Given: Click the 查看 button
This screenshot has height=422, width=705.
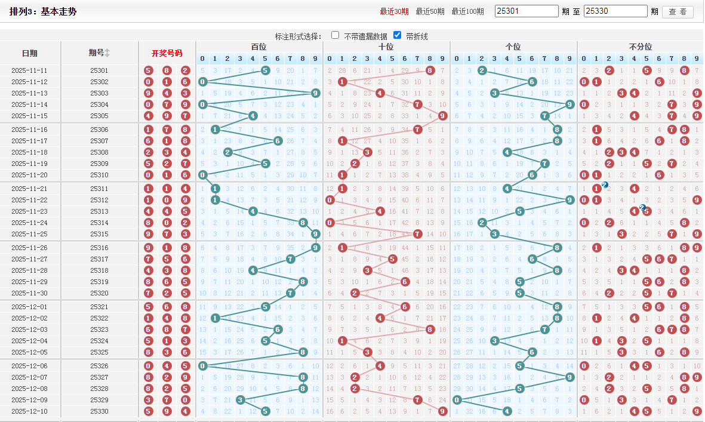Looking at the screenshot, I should (678, 12).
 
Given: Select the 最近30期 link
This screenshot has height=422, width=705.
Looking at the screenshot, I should (394, 11).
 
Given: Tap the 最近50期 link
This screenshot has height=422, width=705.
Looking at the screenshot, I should (430, 11).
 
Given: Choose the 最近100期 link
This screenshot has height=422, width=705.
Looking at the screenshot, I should (467, 11).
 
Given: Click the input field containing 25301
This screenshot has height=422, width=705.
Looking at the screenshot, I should (527, 11).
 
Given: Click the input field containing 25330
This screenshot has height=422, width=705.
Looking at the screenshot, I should (615, 11).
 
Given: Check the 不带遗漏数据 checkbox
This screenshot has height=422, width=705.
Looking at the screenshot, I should (335, 35).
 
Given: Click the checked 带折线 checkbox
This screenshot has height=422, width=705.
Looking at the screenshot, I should (397, 35).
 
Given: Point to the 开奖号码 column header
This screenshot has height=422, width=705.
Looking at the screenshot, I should (167, 53).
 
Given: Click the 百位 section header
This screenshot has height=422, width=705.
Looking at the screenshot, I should (259, 47).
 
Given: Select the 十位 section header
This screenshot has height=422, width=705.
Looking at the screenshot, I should (386, 47).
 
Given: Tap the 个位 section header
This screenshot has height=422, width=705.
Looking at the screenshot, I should (513, 47).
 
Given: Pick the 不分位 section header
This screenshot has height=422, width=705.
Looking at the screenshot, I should (641, 47).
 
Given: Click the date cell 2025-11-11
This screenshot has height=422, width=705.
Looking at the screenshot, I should (29, 70).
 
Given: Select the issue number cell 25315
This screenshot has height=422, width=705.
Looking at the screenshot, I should (99, 234).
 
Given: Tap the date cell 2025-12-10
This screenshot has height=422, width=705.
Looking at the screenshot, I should (29, 411).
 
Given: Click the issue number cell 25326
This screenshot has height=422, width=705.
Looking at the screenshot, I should (99, 366).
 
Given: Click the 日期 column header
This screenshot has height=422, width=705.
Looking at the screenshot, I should (30, 53).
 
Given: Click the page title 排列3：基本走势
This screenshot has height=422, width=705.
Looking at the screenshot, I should (43, 12).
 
